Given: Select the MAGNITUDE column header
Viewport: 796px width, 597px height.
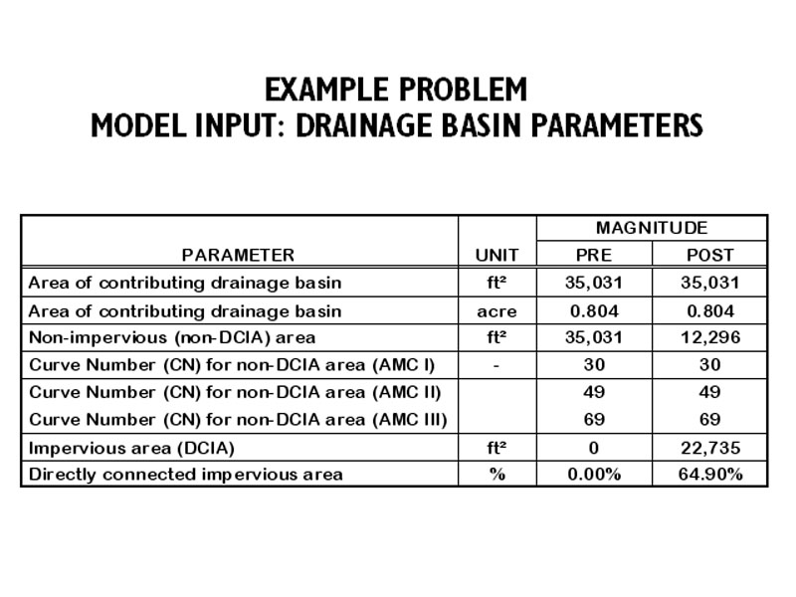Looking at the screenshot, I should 652,228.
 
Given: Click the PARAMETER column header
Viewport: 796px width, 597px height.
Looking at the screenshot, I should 238,255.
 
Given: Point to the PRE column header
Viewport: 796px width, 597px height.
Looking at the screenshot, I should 594,255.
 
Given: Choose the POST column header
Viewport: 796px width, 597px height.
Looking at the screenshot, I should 709,255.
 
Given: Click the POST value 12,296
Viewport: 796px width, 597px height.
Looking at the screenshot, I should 709,337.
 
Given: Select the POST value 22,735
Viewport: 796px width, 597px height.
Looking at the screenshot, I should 709,448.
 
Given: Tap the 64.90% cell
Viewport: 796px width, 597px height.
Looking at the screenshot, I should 709,475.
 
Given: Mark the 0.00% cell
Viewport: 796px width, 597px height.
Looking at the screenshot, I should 594,475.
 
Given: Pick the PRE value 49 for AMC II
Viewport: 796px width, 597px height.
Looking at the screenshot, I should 594,392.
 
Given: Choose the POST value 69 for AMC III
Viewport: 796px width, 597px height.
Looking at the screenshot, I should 709,420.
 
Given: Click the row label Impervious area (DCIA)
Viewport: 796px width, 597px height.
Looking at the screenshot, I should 126,448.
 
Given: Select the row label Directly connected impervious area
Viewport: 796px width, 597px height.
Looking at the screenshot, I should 185,475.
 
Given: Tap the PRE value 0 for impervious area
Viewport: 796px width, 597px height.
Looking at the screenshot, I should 594,448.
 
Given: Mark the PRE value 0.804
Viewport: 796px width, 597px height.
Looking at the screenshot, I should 594,310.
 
